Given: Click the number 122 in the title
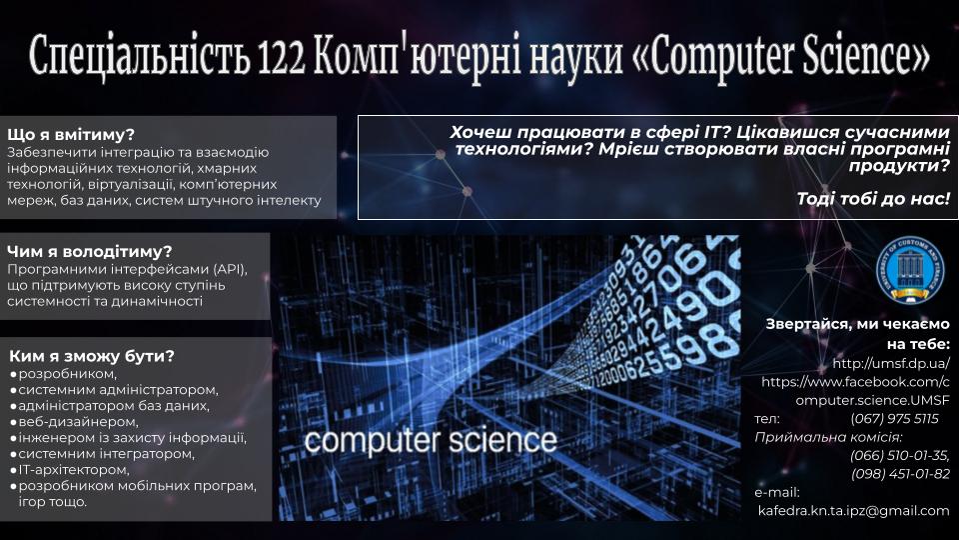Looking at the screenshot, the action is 281,57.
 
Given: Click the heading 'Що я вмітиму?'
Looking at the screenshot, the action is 70,135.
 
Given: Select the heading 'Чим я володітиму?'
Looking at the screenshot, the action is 89,252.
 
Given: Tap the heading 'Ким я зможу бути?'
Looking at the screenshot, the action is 92,356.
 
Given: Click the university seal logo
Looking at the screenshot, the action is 909,269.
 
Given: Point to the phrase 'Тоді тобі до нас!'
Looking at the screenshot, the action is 873,198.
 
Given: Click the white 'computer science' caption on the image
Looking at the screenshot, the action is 431,441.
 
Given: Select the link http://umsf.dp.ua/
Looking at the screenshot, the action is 891,363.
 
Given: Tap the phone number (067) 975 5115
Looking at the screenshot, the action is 894,419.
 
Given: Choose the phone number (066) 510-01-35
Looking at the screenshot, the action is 900,456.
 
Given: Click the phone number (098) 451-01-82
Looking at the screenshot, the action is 900,474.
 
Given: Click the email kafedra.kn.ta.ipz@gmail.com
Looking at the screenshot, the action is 854,511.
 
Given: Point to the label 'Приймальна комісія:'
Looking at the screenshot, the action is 828,437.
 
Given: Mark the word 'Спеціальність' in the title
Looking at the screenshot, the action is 140,57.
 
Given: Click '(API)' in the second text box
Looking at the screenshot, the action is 230,269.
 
